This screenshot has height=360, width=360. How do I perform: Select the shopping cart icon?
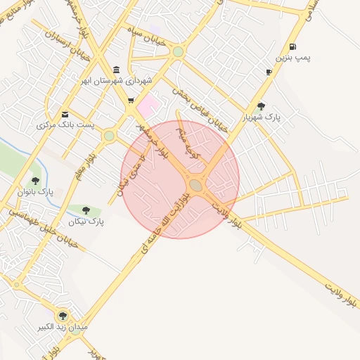[x=131, y=101]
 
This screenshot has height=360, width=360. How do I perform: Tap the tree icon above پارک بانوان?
[x=35, y=181]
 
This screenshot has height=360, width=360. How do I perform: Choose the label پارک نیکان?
[x=86, y=221]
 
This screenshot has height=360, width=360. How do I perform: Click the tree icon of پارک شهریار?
[x=262, y=107]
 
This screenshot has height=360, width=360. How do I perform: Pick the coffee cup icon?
[x=269, y=72]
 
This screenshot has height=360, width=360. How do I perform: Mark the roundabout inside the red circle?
[x=195, y=185]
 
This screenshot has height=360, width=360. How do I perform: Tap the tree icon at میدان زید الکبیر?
[x=63, y=316]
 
